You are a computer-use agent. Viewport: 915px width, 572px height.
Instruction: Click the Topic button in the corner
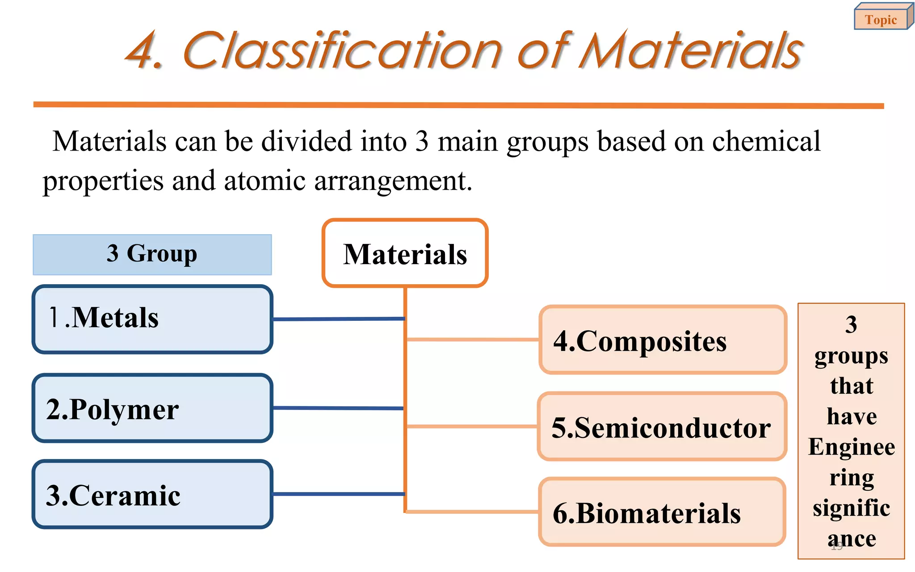(881, 20)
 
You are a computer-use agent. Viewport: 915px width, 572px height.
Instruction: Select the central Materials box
(405, 253)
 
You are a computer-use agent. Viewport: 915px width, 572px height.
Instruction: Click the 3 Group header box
(152, 254)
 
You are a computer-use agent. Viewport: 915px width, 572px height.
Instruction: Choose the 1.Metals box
(152, 319)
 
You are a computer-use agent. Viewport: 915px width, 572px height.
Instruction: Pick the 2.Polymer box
(152, 408)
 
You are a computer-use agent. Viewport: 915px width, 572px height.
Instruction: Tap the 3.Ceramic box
(152, 494)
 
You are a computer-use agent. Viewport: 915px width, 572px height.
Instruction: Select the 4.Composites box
(663, 340)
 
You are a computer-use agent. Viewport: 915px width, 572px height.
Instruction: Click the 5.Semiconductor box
(662, 427)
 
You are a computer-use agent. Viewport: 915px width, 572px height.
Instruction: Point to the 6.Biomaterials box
(662, 512)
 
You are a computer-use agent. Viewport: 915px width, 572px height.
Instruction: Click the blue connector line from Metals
(338, 319)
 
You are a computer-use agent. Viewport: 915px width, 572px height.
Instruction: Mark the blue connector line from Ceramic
(338, 494)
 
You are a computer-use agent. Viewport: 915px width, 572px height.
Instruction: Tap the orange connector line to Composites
(472, 340)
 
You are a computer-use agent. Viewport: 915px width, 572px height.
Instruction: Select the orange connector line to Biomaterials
(472, 512)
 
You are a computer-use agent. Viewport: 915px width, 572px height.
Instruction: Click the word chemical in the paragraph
(766, 142)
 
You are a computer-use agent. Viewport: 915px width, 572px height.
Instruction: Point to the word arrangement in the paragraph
(393, 181)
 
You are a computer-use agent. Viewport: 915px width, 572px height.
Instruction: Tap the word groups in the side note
(851, 357)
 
